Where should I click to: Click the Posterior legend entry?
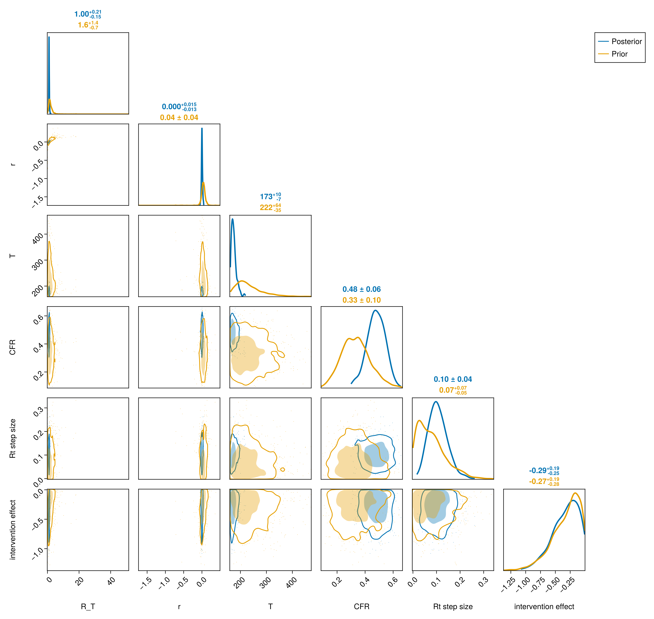pos(620,42)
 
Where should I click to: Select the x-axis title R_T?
pos(88,607)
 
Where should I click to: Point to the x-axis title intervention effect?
pos(544,607)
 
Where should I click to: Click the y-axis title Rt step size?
pos(12,439)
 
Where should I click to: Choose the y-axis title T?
pos(12,256)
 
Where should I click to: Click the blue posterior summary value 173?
pos(266,197)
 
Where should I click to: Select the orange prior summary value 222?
pos(266,208)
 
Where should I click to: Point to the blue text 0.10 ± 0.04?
pos(453,380)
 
